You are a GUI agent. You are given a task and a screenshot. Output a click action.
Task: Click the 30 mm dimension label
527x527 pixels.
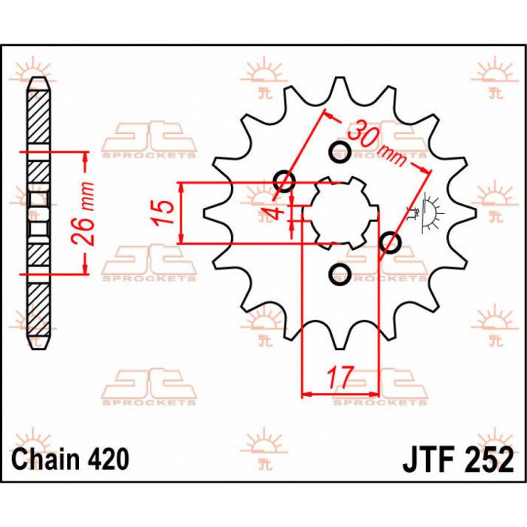tap(376, 142)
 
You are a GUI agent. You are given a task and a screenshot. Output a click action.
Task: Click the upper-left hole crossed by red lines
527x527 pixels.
tap(285, 181)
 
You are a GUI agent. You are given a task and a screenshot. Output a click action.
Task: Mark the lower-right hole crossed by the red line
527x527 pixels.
tap(390, 242)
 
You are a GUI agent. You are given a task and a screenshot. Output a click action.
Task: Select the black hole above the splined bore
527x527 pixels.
tap(339, 153)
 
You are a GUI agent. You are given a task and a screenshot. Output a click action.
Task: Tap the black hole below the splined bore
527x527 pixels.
tap(339, 273)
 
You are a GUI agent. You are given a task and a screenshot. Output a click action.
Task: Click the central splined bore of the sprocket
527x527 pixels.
tap(339, 213)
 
